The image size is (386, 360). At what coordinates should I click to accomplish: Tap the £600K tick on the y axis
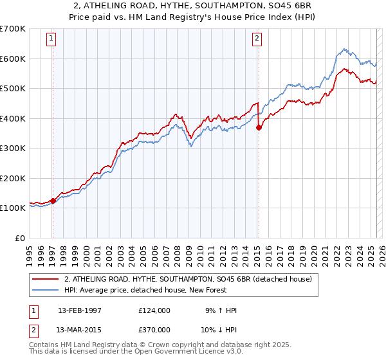tap(12, 59)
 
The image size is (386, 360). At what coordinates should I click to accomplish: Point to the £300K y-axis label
tap(12, 148)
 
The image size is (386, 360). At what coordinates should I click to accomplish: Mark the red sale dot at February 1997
tap(53, 201)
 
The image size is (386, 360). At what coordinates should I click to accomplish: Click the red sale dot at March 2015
tap(259, 127)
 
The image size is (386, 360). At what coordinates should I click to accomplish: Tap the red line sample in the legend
tap(46, 279)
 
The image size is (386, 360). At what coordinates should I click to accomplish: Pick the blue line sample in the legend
tap(46, 289)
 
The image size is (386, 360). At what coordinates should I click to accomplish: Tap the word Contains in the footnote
tap(45, 345)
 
